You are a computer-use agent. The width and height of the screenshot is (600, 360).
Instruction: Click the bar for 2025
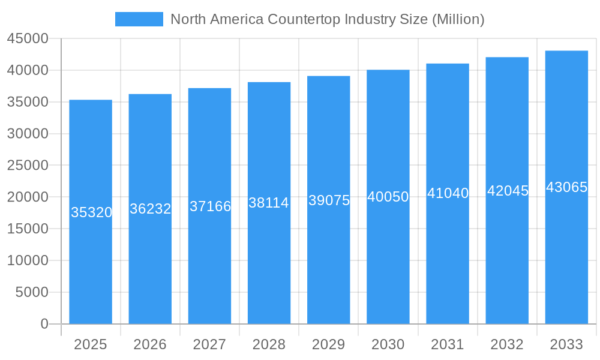(x=91, y=264)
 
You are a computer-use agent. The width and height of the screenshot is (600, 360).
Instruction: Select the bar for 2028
(x=269, y=264)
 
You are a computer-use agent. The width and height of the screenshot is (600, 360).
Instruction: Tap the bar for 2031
(x=448, y=264)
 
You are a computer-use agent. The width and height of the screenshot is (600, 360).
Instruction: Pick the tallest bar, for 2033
(x=566, y=264)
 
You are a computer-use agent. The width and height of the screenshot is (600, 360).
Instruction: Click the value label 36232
(x=151, y=209)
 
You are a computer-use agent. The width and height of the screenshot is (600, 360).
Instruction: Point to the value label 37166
(x=210, y=206)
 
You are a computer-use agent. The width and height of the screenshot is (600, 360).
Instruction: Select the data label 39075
(x=329, y=200)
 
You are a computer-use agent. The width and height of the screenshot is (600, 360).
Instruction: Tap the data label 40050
(x=388, y=197)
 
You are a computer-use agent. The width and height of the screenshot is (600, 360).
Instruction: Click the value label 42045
(x=508, y=191)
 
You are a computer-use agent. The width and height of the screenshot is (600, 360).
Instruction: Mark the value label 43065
(x=566, y=187)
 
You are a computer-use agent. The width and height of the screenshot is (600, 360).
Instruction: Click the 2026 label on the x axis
(x=150, y=344)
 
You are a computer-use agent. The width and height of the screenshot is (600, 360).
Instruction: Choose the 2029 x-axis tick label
(x=329, y=344)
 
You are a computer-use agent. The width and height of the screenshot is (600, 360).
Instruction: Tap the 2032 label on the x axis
(x=507, y=344)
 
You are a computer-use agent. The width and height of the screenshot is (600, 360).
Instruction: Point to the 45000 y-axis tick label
(x=28, y=39)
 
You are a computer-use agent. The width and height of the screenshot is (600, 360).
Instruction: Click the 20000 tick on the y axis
(x=28, y=197)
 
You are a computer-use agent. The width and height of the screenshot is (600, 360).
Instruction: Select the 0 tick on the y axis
(x=44, y=324)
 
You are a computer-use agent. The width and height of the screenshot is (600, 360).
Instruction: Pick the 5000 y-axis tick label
(x=31, y=292)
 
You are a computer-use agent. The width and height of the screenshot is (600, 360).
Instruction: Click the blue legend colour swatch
(x=139, y=19)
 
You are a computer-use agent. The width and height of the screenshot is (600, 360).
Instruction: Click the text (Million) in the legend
(x=458, y=19)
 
